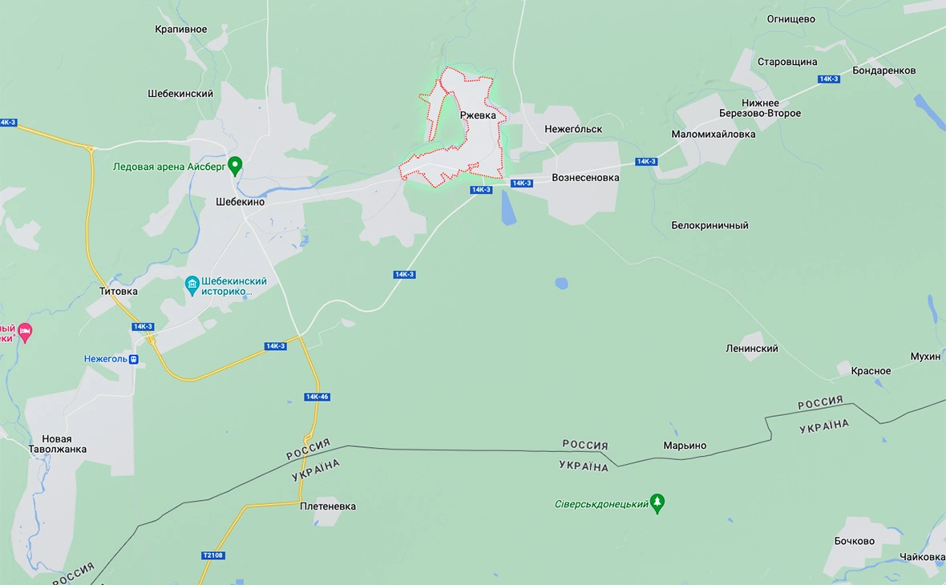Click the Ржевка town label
pyautogui.click(x=483, y=115)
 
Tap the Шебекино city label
pyautogui.click(x=240, y=202)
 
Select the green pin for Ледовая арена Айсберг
pyautogui.click(x=235, y=166)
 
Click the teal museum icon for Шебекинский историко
pyautogui.click(x=192, y=285)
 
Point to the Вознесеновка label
pyautogui.click(x=585, y=178)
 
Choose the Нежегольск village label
pyautogui.click(x=572, y=129)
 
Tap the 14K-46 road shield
pyautogui.click(x=317, y=397)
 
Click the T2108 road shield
pyautogui.click(x=212, y=555)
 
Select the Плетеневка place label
pyautogui.click(x=328, y=506)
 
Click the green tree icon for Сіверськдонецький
pyautogui.click(x=657, y=502)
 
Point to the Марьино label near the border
pyautogui.click(x=685, y=446)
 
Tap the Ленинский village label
pyautogui.click(x=751, y=349)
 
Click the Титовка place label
pyautogui.click(x=118, y=291)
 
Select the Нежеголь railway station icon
pyautogui.click(x=133, y=359)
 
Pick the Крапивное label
pyautogui.click(x=180, y=30)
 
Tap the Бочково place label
pyautogui.click(x=854, y=541)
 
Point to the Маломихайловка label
pyautogui.click(x=713, y=135)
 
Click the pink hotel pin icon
pyautogui.click(x=25, y=332)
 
